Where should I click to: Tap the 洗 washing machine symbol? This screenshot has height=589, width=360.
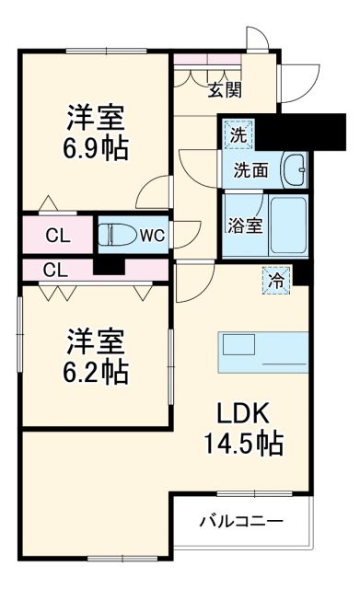click(x=238, y=134)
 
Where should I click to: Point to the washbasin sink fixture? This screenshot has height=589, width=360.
click(x=294, y=169)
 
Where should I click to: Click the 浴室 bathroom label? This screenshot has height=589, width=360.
click(x=245, y=225)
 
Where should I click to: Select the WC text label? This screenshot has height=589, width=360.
click(x=152, y=235)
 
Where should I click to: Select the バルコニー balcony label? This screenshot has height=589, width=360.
click(x=242, y=522)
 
